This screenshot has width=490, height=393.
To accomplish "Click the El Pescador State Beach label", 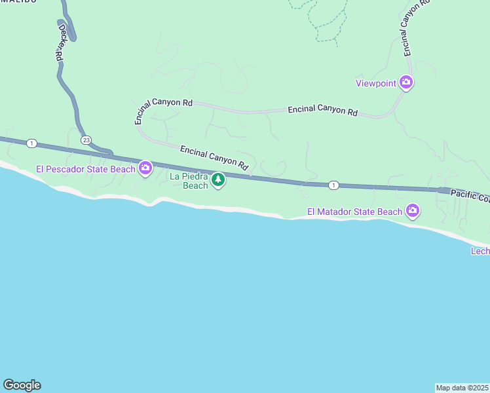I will click(x=85, y=169).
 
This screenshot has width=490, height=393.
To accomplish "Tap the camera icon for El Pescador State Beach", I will click(x=145, y=168).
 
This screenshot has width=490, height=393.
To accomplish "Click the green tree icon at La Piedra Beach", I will click(x=218, y=179).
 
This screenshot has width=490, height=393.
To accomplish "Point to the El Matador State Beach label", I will click(x=354, y=212).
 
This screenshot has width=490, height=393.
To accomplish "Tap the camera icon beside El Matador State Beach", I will click(x=413, y=211).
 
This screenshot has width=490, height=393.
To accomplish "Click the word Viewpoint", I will click(x=375, y=83).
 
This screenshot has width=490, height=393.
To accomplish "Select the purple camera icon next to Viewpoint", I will click(x=406, y=82).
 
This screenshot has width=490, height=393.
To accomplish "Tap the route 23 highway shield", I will click(x=86, y=140).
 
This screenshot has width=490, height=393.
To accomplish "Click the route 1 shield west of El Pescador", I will click(x=31, y=143).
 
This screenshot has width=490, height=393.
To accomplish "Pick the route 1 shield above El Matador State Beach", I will click(x=333, y=185).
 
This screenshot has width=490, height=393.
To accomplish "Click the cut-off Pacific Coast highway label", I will click(x=470, y=195).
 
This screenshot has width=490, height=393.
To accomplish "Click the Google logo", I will click(x=22, y=385).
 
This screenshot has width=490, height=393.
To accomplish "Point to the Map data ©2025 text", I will click(x=462, y=388).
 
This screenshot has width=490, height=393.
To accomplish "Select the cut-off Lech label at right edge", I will click(x=480, y=252).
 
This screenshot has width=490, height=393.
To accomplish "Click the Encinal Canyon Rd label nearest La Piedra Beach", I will click(x=214, y=157).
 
